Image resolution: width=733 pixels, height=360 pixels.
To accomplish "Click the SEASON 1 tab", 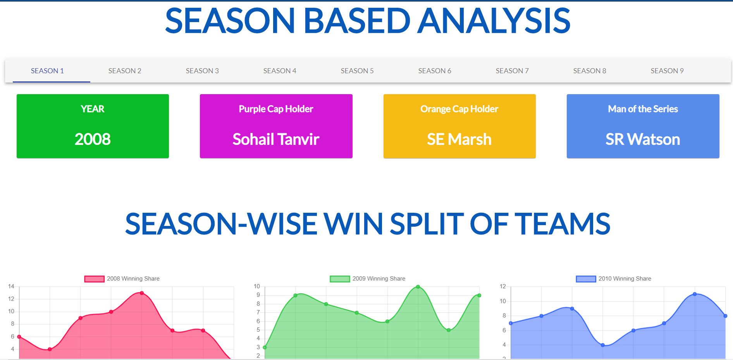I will [47, 71].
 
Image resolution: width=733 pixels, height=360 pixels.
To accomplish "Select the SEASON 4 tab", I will [280, 71].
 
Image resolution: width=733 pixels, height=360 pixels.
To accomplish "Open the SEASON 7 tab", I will [512, 71].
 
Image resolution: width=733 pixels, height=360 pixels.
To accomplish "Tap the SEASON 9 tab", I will [667, 71].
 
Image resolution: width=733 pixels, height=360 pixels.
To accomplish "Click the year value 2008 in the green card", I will [93, 139].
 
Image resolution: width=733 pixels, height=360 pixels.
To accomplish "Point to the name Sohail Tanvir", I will [276, 139].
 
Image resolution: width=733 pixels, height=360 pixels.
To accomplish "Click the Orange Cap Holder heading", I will [459, 109].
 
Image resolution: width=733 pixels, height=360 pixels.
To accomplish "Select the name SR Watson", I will [643, 139].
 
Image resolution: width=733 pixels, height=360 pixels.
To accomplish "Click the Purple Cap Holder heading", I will [276, 109].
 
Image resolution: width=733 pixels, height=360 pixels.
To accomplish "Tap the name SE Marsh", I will [459, 139].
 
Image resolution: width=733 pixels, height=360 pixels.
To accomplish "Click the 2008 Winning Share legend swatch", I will [95, 279].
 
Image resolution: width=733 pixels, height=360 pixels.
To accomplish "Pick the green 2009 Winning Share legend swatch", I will [340, 279].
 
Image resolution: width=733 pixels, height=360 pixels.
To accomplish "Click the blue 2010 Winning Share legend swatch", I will [586, 279].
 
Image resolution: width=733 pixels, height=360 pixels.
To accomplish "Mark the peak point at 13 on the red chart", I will [142, 293].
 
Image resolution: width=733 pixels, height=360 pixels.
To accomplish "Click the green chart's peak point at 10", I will [418, 287].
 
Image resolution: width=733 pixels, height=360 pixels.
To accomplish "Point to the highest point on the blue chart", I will [695, 294].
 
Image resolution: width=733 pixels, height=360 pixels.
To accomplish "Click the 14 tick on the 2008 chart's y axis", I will [11, 286].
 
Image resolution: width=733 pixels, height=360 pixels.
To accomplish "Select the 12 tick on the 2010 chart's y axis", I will [503, 286].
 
